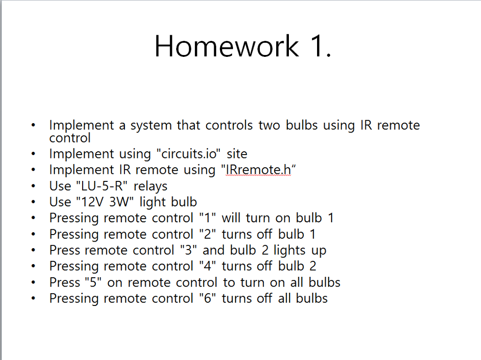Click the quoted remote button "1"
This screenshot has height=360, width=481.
(205, 218)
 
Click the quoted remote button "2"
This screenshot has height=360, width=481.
(205, 234)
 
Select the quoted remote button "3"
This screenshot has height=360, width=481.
(188, 250)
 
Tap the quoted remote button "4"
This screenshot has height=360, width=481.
(205, 266)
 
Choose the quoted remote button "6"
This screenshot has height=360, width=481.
(205, 298)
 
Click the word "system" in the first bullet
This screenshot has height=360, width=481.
(151, 125)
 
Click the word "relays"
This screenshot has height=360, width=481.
(150, 186)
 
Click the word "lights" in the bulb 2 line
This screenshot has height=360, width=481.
(290, 250)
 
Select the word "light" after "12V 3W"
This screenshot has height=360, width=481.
(152, 202)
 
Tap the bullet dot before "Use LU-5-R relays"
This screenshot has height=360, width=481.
(33, 187)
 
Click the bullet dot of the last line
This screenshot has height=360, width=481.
(33, 298)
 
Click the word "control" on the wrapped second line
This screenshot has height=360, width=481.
(70, 138)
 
